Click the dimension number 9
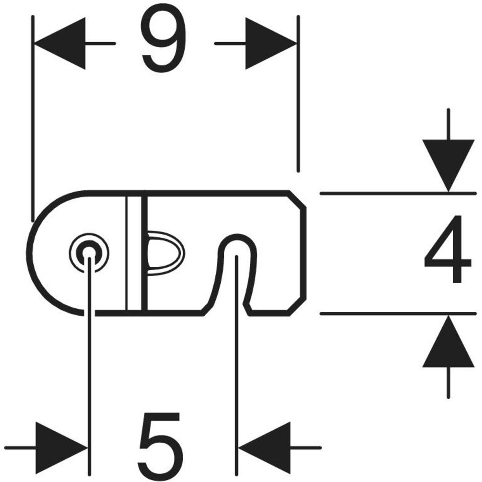coord(165,43)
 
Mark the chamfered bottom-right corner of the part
coord(297,305)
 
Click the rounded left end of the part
coord(36,251)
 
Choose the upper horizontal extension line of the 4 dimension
coord(398,193)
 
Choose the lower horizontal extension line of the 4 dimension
coord(398,313)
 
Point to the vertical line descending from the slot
coord(237,361)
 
